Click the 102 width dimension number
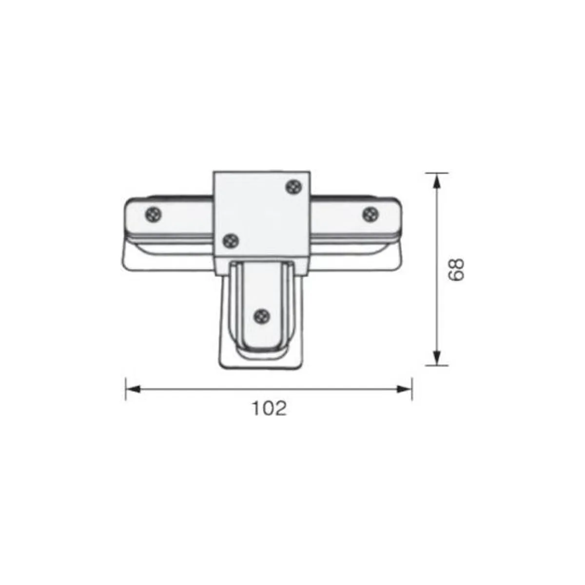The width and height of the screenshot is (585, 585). coord(269,409)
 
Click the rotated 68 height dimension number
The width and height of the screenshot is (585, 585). coord(456,270)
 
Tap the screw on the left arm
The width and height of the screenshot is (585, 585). coord(153,215)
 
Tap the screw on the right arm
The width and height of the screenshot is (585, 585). coord(371,215)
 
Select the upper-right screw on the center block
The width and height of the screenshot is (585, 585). coord(294,188)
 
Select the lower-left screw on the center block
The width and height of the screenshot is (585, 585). coord(231,241)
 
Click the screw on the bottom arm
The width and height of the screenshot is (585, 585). coord(262,316)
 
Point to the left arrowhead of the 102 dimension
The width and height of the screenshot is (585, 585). coord(133,389)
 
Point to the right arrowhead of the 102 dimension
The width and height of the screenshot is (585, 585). coord(404,389)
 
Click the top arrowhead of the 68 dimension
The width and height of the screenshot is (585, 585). coord(436,181)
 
